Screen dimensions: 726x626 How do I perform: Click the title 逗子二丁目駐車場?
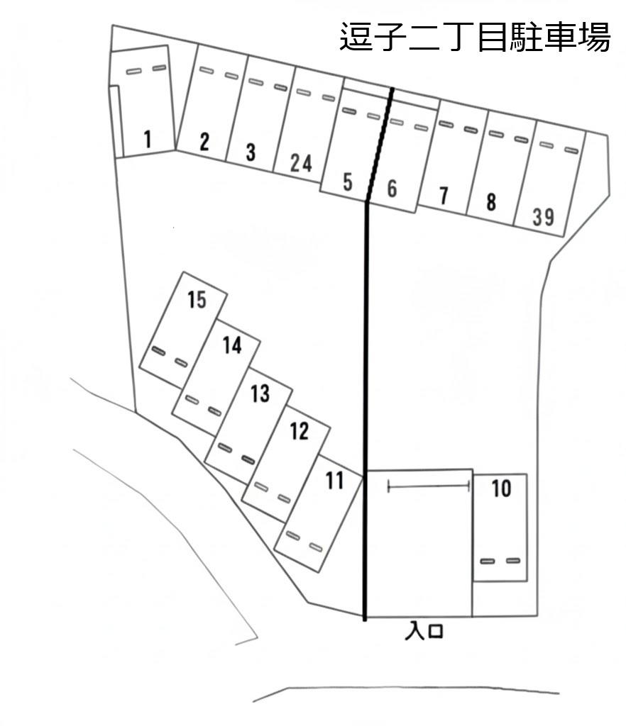click(x=475, y=38)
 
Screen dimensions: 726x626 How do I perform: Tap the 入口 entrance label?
click(x=424, y=630)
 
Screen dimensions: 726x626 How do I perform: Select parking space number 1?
click(x=147, y=139)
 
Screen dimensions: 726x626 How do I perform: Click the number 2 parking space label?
click(x=204, y=143)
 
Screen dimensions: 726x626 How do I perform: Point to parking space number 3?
click(x=251, y=152)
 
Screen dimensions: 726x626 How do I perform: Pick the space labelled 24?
click(x=301, y=163)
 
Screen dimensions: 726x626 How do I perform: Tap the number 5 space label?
click(x=347, y=182)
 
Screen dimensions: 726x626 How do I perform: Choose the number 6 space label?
click(x=392, y=189)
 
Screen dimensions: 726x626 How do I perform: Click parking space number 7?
click(x=444, y=196)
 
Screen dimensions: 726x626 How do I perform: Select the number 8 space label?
click(x=491, y=203)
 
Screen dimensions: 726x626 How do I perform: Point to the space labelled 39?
click(x=543, y=217)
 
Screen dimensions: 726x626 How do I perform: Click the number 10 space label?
click(x=501, y=488)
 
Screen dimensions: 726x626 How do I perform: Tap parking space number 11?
click(x=334, y=481)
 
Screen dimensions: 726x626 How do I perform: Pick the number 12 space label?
click(x=300, y=430)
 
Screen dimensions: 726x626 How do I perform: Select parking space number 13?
click(x=260, y=393)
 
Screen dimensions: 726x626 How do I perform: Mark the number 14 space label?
click(x=231, y=345)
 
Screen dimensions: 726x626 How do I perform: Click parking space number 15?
click(x=197, y=300)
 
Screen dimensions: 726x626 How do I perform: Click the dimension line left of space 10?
click(x=429, y=486)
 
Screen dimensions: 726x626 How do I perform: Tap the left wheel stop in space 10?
click(x=487, y=561)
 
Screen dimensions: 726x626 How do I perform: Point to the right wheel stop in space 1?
click(x=159, y=68)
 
